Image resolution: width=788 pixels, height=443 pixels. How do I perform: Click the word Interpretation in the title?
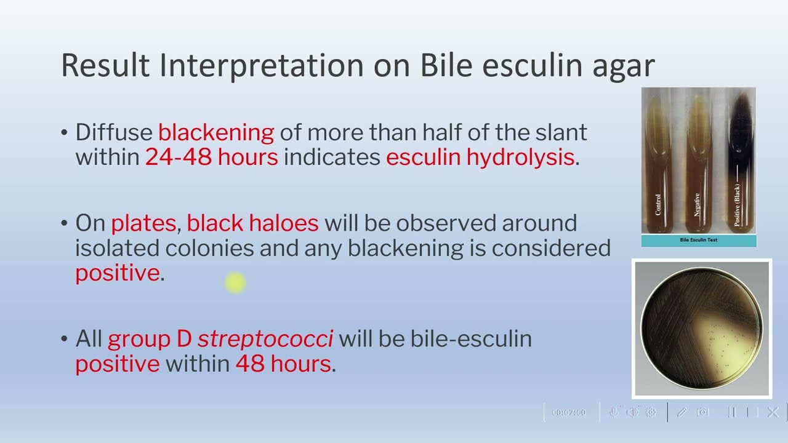coord(262,65)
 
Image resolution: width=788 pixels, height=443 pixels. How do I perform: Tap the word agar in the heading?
coord(624,68)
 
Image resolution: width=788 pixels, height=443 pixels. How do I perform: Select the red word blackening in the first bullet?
coord(216,134)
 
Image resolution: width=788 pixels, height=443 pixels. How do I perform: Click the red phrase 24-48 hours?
coord(212,157)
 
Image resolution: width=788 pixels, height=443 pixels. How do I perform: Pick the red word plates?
coord(143,224)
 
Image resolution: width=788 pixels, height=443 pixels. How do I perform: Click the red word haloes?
coord(252,223)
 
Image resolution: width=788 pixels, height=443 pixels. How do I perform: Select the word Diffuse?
coord(114,132)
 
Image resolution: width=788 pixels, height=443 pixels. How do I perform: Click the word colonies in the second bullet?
coord(209,248)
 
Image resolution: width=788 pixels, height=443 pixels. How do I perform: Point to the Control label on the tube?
coord(658,205)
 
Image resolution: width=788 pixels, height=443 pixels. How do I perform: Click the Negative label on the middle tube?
coord(696,205)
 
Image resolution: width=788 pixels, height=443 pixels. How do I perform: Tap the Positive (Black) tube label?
coord(737,205)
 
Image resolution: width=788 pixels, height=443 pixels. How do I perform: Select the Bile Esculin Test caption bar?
coord(699,241)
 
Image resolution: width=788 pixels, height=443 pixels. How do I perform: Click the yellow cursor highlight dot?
coord(235,282)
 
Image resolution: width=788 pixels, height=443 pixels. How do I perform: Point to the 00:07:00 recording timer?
coord(568,412)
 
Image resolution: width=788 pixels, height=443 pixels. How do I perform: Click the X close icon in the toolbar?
coord(773,412)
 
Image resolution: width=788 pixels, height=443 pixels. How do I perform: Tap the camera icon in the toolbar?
coord(702,412)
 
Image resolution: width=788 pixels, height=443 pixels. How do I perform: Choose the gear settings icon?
coord(651,412)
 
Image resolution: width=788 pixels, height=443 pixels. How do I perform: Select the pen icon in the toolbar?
coord(681,412)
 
